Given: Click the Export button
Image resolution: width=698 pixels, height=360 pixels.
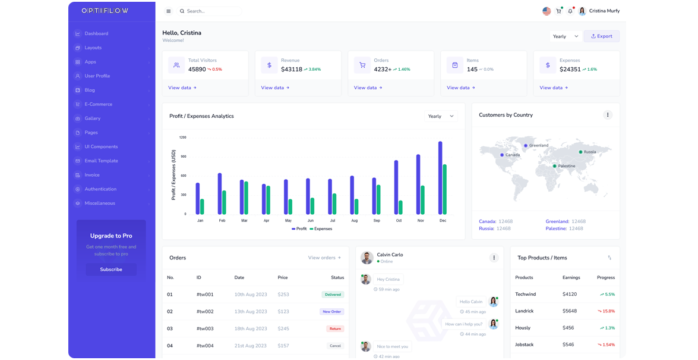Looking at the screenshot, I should coord(601,36).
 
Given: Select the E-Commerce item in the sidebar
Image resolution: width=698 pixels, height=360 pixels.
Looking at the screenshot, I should coord(98,104).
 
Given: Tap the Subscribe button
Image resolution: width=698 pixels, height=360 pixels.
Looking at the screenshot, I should coord(111,270).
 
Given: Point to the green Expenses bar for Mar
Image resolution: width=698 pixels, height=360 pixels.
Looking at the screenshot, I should coord(247,198).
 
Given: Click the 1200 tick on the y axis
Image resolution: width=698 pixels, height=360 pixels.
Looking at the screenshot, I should coord(183,137).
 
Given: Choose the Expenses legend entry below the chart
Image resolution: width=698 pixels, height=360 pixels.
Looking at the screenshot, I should coord(321,228).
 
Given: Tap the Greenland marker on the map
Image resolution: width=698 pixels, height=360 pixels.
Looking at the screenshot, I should coord(526,145).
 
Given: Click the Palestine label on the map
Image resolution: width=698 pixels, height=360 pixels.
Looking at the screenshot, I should coord(567,166).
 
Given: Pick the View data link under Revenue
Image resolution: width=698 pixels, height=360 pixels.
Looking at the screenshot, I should coord(275,87).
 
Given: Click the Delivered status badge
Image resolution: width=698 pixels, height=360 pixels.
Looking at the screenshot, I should coord(333,295).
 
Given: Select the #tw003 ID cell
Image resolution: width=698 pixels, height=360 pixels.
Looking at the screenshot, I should coord(205,328).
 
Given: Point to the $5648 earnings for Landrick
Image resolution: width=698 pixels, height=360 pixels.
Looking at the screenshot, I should coord(570,311).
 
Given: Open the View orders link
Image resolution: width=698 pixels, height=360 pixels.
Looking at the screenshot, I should coord(324,258).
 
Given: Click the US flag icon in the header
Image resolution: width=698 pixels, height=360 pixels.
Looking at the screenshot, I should coord(547,11).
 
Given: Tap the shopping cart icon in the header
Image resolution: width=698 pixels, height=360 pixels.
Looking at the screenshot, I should coord(558,11).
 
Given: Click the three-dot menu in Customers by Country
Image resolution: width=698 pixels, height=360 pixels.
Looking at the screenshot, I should coord(607,115).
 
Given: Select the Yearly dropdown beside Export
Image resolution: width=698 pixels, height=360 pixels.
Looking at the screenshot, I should coord(565,36).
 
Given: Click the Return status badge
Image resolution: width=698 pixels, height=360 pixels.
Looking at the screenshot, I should coord(335,328).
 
